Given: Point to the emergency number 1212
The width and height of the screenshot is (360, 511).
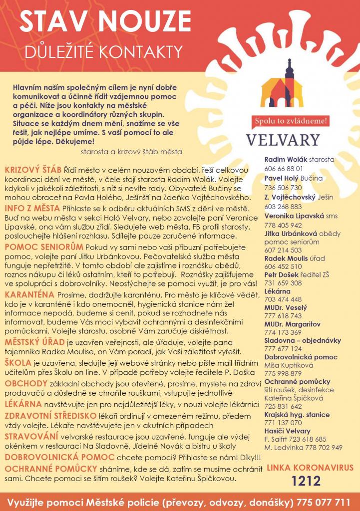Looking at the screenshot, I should point(307,481).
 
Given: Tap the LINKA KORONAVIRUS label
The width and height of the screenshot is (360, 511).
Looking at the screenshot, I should point(310,468).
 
